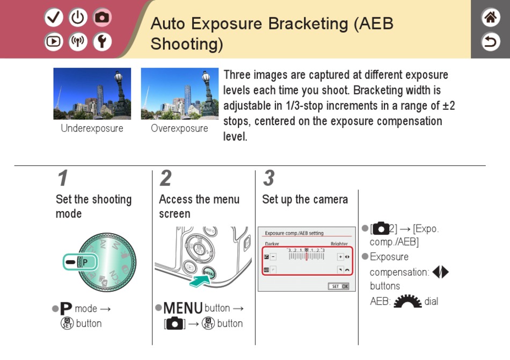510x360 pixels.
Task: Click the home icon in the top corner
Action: click(x=490, y=17)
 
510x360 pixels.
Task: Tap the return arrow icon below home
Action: click(x=490, y=41)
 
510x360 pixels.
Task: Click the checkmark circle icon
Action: click(x=54, y=18)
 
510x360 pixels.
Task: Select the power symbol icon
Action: click(x=78, y=18)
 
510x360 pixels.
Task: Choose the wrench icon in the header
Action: click(x=103, y=42)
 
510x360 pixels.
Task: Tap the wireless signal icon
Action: click(x=78, y=42)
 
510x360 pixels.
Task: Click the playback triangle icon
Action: click(x=54, y=42)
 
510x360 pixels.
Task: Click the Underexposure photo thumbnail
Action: click(x=92, y=93)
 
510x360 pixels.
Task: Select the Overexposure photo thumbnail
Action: click(x=179, y=93)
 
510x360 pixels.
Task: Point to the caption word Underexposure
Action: click(x=92, y=128)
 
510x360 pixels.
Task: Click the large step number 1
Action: click(x=63, y=178)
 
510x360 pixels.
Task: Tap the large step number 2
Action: click(x=166, y=178)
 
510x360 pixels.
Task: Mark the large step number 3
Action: click(x=268, y=178)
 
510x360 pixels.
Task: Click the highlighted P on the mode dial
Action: click(x=84, y=263)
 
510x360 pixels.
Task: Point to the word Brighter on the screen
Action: click(x=339, y=244)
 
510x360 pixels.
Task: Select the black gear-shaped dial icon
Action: click(x=407, y=301)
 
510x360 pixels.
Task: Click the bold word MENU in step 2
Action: click(x=183, y=308)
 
